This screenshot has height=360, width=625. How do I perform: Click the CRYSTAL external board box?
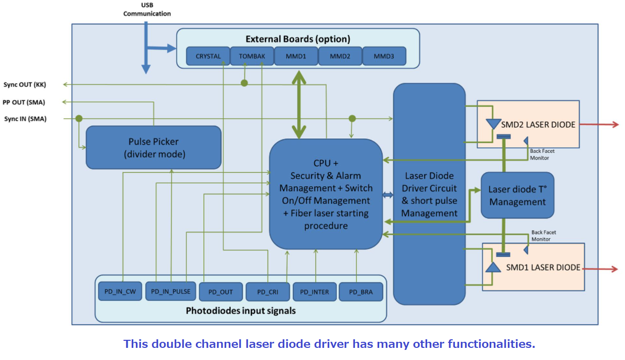[x=208, y=56]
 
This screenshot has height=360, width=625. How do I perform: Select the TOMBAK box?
[x=252, y=56]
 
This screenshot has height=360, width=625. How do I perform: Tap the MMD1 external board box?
[x=296, y=56]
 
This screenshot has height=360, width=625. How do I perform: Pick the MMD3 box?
[x=384, y=56]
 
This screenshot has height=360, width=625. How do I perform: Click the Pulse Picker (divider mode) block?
[x=153, y=147]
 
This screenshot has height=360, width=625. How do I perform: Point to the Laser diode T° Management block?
[x=517, y=195]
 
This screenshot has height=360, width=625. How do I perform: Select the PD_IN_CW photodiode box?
[x=120, y=292]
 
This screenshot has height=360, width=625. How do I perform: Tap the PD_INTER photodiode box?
[x=314, y=292]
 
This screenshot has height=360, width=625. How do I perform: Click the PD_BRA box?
[x=360, y=292]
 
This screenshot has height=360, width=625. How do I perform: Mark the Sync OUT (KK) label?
[x=25, y=85]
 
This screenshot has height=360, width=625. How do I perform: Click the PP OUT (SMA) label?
[x=24, y=102]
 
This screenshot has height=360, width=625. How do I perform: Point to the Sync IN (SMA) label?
[x=25, y=119]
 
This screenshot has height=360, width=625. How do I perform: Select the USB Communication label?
[x=147, y=10]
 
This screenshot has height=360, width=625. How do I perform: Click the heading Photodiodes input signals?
[x=240, y=311]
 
